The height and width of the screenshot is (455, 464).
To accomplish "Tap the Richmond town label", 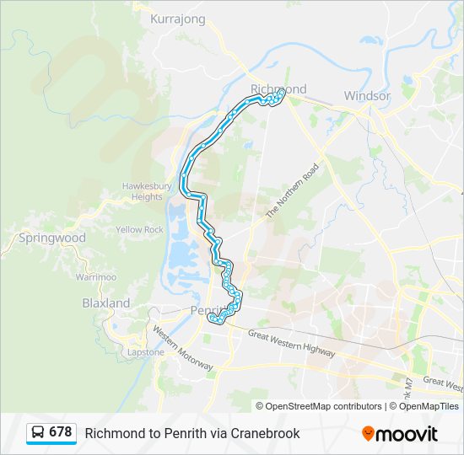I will point(278,88).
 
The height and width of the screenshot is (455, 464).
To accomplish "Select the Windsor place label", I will point(367,96).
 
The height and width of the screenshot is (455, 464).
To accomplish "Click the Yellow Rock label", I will point(140,229).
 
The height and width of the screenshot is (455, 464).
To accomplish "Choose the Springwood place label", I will point(52,238).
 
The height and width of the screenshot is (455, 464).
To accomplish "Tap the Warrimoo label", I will point(95,276).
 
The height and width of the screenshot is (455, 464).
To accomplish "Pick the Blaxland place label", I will point(106,302).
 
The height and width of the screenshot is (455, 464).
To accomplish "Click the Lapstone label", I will point(146,352).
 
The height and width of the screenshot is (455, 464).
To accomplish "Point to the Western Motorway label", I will point(182,347).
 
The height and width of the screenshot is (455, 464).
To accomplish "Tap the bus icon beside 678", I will point(38,433).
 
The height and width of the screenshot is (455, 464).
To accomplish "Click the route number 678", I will point(61,432).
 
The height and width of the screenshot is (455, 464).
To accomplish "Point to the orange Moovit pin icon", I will point(369,434).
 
